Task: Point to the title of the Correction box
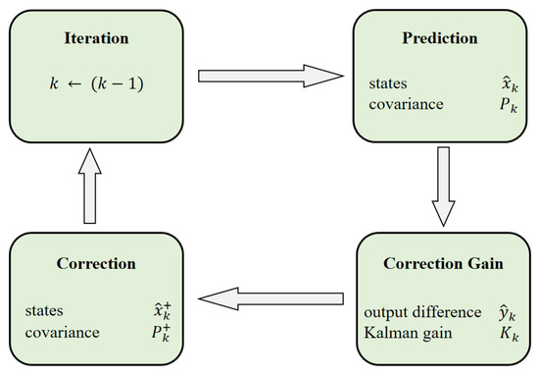[x=94, y=264]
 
